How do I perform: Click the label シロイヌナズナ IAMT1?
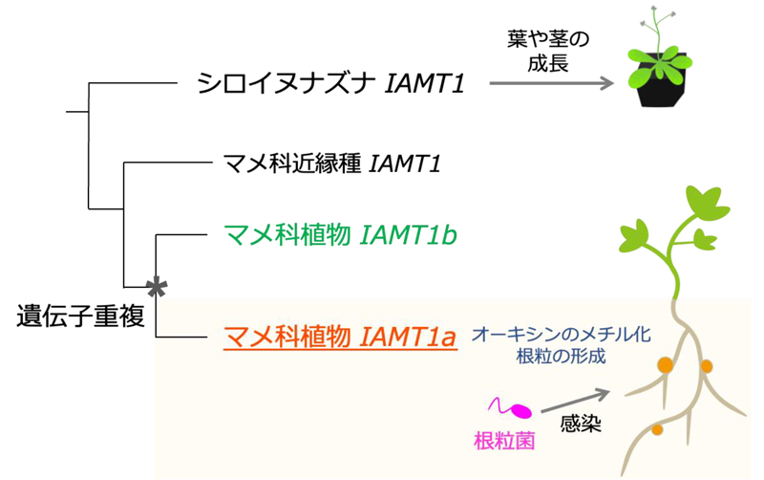pos(330,84)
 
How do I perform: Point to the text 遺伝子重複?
pos(81,316)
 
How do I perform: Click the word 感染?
pos(580,425)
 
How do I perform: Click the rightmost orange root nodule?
pos(707,366)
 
